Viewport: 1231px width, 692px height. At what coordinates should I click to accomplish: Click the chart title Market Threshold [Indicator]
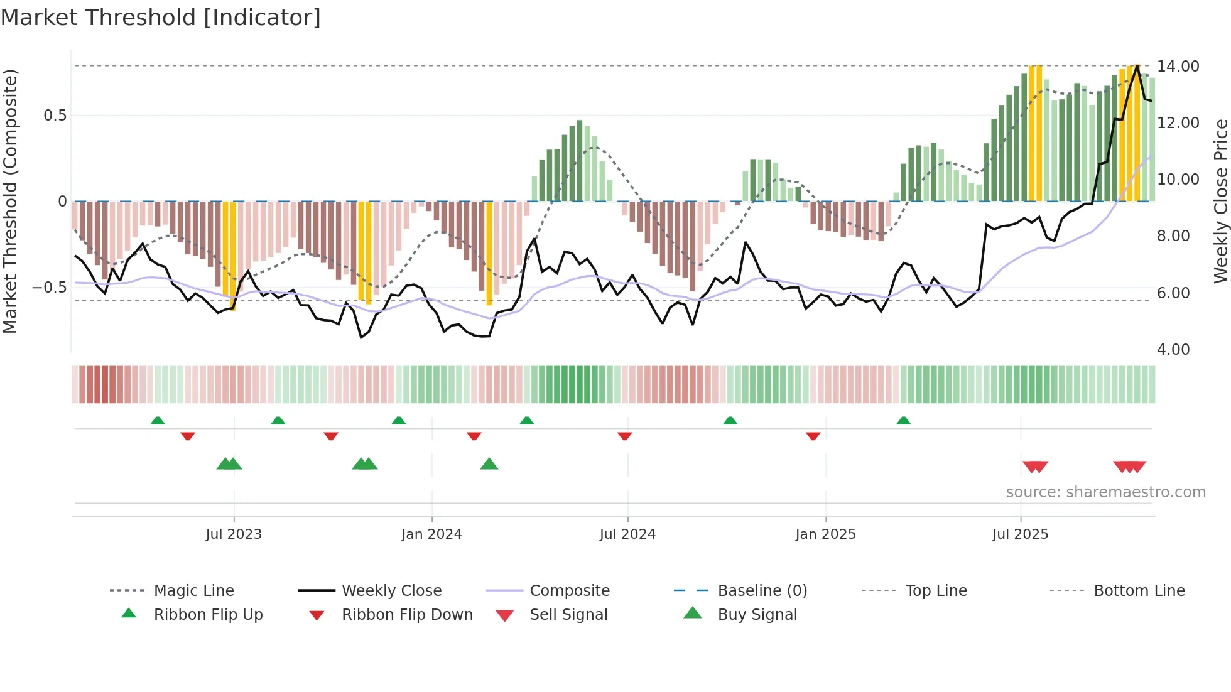161,18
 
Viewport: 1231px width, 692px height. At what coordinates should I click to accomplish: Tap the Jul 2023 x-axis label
234,534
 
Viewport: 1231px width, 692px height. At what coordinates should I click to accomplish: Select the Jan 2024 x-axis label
431,534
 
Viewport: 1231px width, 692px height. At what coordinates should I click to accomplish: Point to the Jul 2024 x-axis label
627,534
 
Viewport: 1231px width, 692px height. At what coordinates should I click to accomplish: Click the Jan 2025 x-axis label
825,534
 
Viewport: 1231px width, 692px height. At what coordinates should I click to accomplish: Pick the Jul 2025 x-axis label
1021,534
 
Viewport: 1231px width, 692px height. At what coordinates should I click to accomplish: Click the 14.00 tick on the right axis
1178,67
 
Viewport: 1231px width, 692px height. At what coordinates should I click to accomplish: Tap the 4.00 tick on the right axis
1173,350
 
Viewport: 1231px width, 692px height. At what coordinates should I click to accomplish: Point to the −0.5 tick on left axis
49,288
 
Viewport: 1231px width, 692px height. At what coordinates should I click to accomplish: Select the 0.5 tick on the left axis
55,116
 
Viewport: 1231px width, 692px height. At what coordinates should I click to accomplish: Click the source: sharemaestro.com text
1105,492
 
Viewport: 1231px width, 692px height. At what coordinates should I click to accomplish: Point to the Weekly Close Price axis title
1220,201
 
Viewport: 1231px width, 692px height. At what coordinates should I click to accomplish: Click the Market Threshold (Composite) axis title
10,201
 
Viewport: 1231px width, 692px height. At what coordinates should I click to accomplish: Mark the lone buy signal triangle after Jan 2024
489,464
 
